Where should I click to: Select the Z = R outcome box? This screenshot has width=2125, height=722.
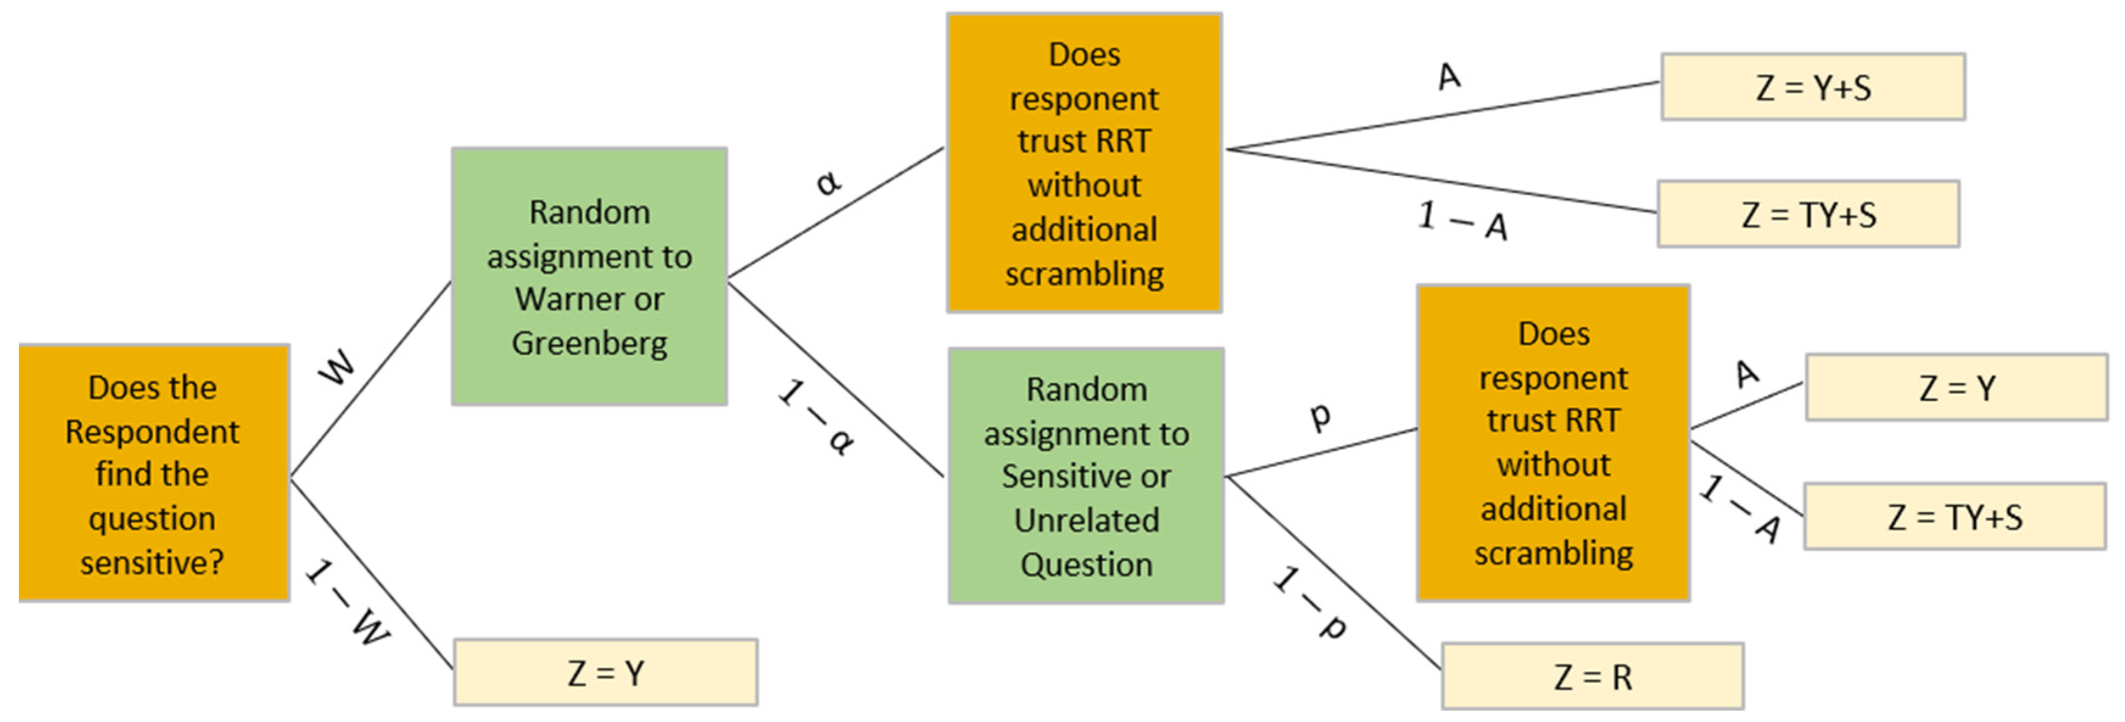[x=1592, y=676]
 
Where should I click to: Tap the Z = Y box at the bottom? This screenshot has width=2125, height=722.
[x=605, y=673]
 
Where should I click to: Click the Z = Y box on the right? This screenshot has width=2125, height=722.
[x=1956, y=388]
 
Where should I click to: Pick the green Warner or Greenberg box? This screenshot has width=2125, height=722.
[x=589, y=276]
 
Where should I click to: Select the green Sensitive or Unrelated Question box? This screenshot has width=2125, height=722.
[x=1086, y=476]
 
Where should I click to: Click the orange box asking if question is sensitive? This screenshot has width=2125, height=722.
[x=153, y=474]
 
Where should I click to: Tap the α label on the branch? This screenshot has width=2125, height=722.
[x=827, y=181]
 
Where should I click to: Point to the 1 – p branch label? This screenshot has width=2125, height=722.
[x=1310, y=602]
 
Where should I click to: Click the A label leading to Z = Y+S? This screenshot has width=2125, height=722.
[x=1449, y=77]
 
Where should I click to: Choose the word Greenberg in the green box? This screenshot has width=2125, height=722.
[x=589, y=343]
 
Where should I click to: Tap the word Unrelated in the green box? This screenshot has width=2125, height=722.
[x=1086, y=520]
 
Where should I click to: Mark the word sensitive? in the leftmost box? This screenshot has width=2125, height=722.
[x=152, y=563]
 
